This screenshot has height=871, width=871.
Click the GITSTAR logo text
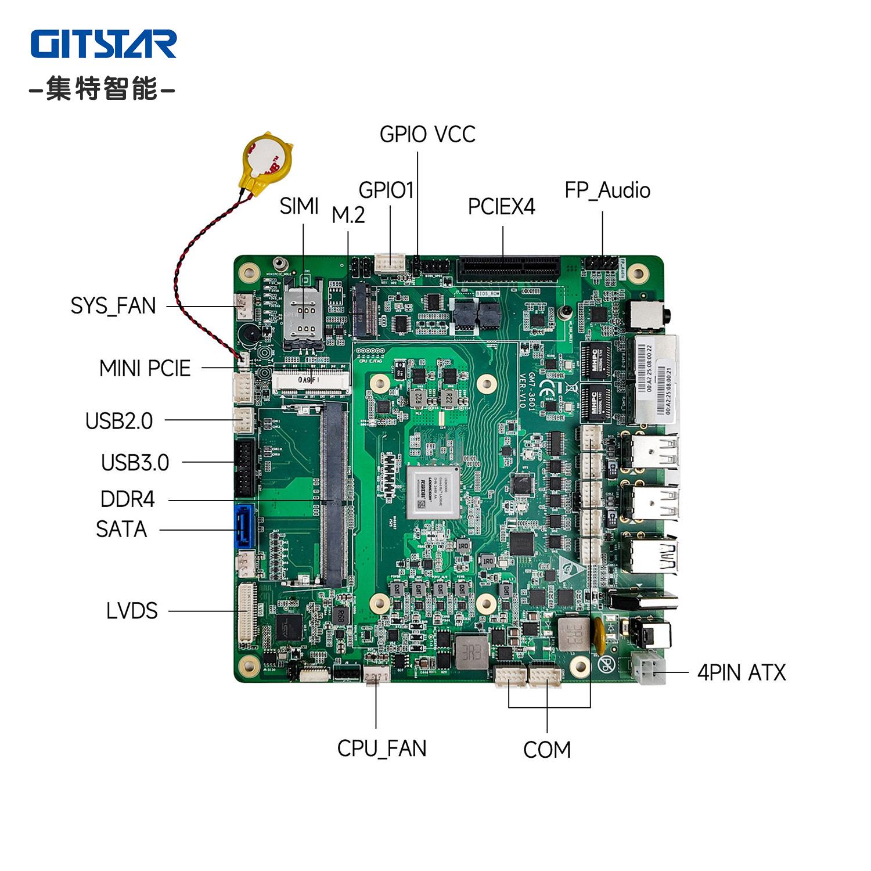(103, 44)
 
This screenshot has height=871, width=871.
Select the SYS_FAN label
(113, 306)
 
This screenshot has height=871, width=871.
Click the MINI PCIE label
(145, 368)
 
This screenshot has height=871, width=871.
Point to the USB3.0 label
(135, 463)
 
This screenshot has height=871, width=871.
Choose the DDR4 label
(127, 499)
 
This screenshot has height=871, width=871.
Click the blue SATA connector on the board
(244, 527)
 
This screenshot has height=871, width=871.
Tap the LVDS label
(132, 611)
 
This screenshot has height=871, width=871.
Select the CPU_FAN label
(381, 748)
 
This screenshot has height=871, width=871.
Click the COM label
(546, 750)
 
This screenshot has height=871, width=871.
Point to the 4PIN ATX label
(741, 672)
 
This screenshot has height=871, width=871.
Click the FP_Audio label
(607, 190)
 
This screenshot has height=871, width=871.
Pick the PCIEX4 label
(501, 207)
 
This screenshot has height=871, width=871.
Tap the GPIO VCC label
(427, 135)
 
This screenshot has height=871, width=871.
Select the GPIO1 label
(386, 190)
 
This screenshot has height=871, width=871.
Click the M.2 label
(348, 215)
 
